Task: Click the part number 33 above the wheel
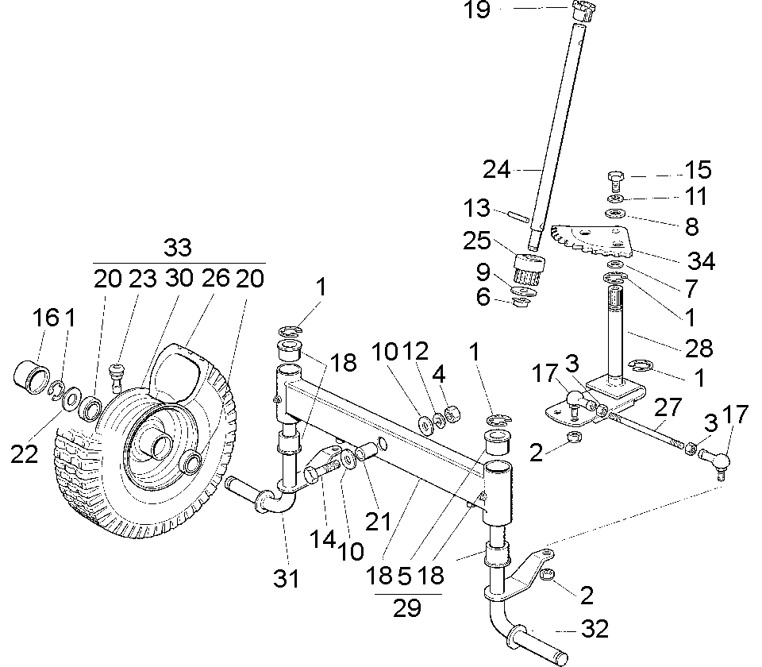[178, 248]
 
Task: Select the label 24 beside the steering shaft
[498, 169]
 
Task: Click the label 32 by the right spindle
[595, 630]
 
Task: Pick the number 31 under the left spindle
[287, 578]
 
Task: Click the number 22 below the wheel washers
[25, 455]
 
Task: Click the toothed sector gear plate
[591, 237]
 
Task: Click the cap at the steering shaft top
[583, 11]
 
